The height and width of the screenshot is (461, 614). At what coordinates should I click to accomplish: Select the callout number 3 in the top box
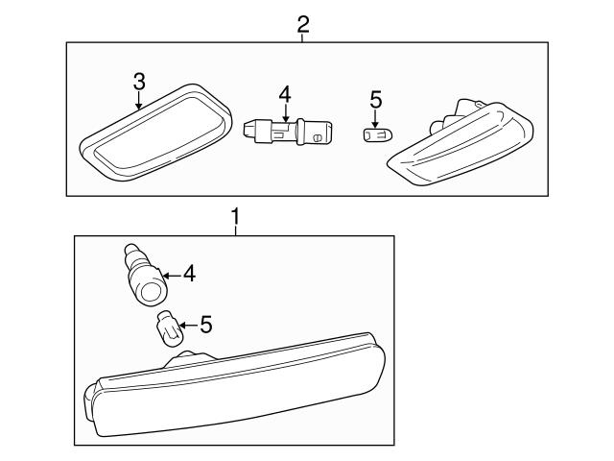click(x=139, y=82)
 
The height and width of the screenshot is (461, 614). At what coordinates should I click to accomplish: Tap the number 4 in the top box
click(x=284, y=94)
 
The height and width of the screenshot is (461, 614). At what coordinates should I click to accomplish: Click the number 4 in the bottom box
click(x=189, y=275)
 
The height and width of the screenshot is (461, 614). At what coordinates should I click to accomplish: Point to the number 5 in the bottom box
click(x=205, y=326)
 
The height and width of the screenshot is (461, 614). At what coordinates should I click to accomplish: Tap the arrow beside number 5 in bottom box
click(x=186, y=326)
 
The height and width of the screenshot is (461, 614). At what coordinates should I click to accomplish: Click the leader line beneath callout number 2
click(x=302, y=36)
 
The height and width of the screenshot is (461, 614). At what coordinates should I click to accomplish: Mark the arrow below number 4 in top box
click(x=284, y=111)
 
